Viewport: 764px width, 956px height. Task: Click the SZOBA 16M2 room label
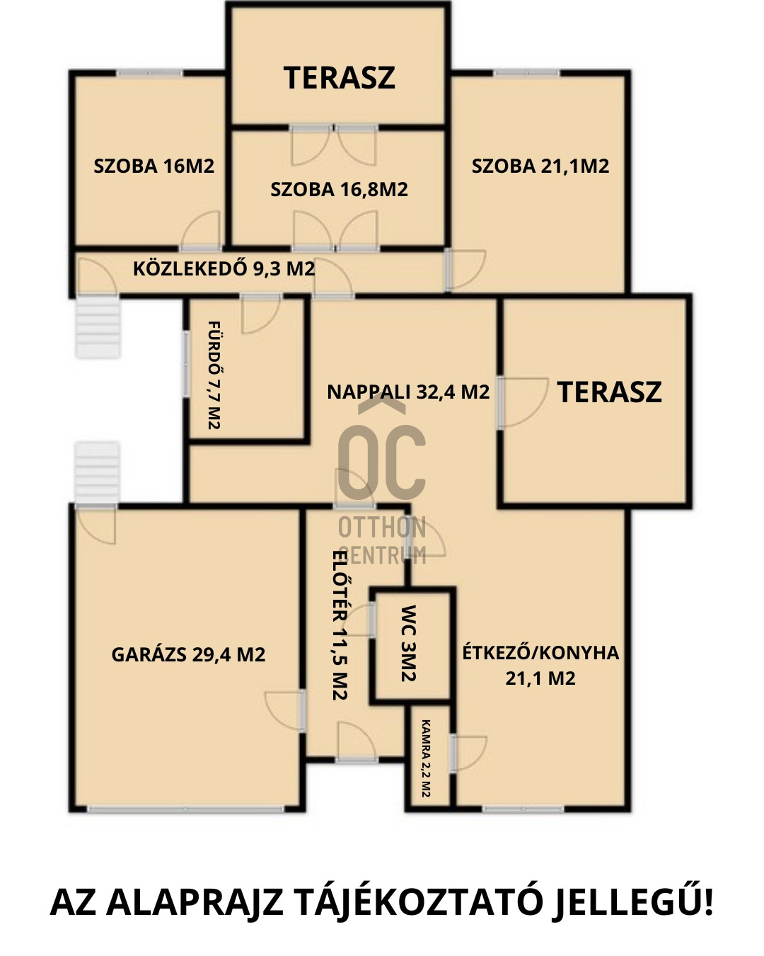click(154, 166)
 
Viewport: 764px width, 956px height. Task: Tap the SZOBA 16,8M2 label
click(339, 190)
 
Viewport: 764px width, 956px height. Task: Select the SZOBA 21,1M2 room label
click(540, 166)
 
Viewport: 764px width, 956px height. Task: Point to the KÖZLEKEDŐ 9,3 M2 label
click(224, 268)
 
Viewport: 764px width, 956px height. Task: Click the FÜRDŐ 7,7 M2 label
click(215, 375)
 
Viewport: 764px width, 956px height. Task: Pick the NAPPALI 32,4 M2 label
click(408, 392)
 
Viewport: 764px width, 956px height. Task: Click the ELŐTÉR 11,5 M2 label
click(340, 625)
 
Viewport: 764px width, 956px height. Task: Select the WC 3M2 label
click(408, 643)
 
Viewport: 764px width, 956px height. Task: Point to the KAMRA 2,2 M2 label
click(426, 758)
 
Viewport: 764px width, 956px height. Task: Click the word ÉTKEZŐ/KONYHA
click(540, 653)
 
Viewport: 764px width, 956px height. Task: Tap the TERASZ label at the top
click(339, 78)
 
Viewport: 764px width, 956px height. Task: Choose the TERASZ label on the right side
click(610, 392)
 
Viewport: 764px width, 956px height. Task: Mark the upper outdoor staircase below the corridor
click(98, 327)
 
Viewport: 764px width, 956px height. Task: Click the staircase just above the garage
click(97, 472)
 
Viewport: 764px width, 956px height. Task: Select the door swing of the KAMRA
click(468, 753)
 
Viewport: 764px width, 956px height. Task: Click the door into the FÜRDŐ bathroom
click(260, 314)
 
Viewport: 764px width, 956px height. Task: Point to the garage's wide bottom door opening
click(185, 809)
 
